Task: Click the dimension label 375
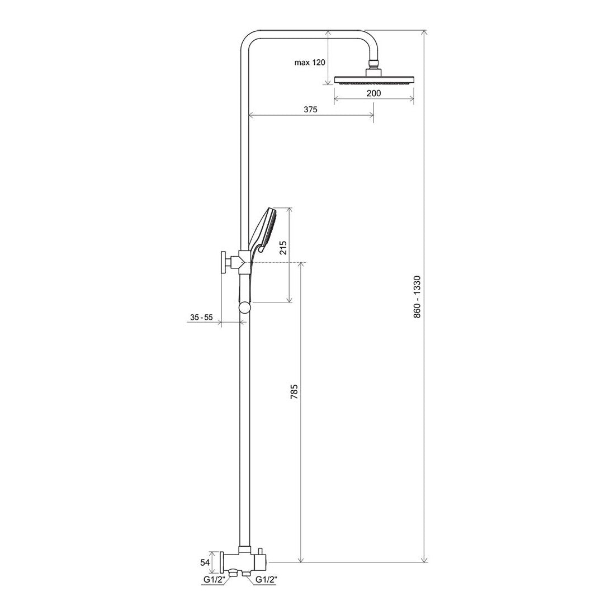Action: pos(311,110)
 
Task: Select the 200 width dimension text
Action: pos(373,93)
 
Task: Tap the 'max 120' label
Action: pos(310,63)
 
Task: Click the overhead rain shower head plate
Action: pos(373,80)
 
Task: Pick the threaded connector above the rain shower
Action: pos(373,63)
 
